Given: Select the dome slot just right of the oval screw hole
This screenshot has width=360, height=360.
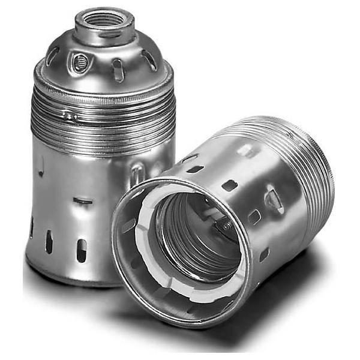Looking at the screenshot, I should tap(118, 69).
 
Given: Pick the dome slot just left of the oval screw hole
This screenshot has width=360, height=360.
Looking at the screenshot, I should tap(53, 56).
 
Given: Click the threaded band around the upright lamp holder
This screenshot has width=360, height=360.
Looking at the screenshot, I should tap(102, 117).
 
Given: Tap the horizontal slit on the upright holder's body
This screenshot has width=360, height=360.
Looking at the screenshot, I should tap(83, 201).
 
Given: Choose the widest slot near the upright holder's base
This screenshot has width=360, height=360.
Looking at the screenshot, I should tap(82, 250).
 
